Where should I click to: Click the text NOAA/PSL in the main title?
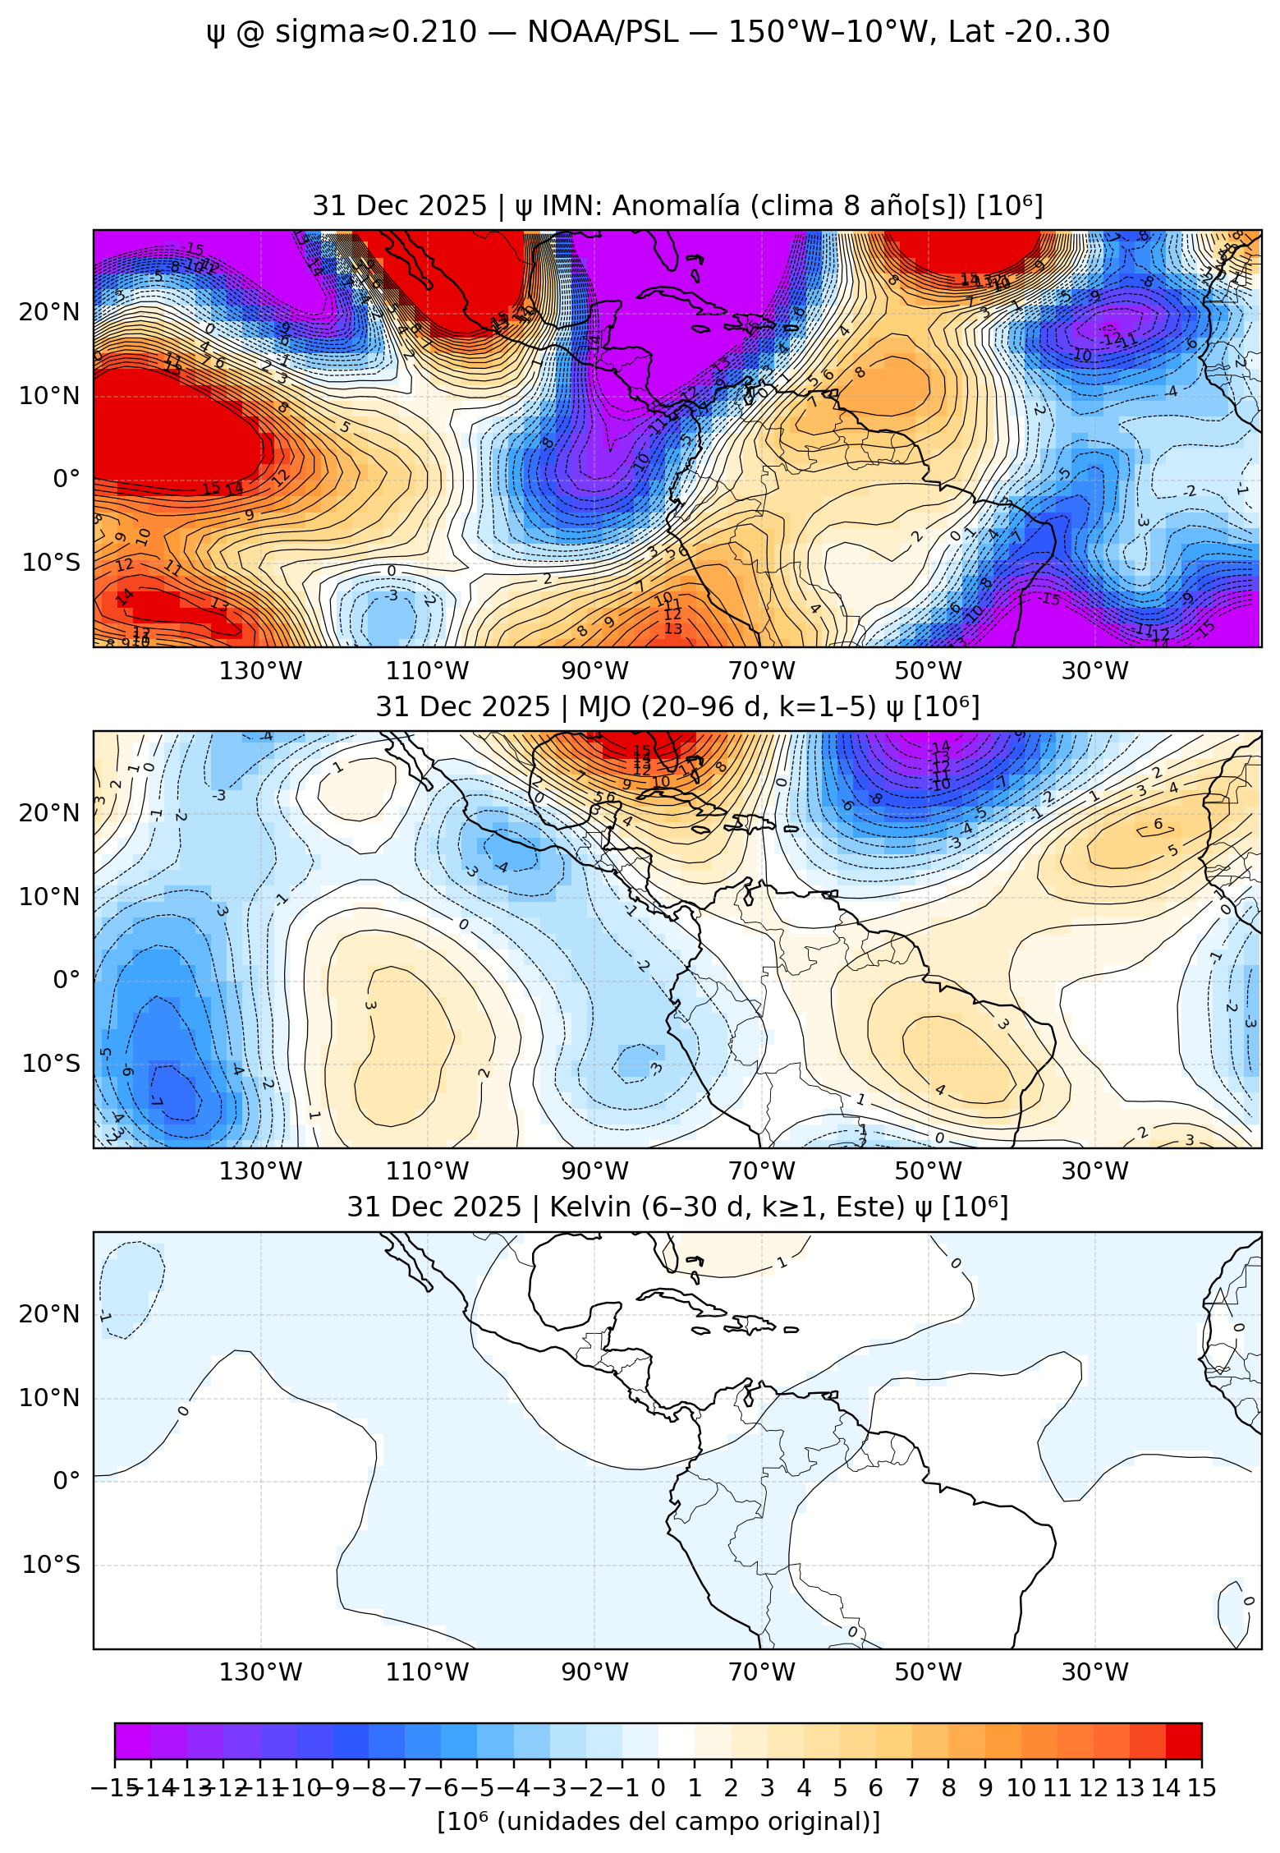click(x=603, y=32)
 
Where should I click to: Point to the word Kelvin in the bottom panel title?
click(x=588, y=1207)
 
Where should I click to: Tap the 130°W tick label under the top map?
click(x=260, y=671)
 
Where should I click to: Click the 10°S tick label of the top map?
click(x=51, y=563)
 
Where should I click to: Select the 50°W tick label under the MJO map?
click(x=928, y=1171)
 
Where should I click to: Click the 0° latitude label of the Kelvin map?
click(x=66, y=1480)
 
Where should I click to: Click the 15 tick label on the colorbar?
click(x=1201, y=1788)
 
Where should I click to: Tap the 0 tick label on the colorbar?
click(x=658, y=1788)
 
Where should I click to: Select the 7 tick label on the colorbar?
click(x=912, y=1788)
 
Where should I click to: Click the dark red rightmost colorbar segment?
click(x=1183, y=1741)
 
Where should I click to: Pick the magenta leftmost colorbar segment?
click(x=132, y=1741)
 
